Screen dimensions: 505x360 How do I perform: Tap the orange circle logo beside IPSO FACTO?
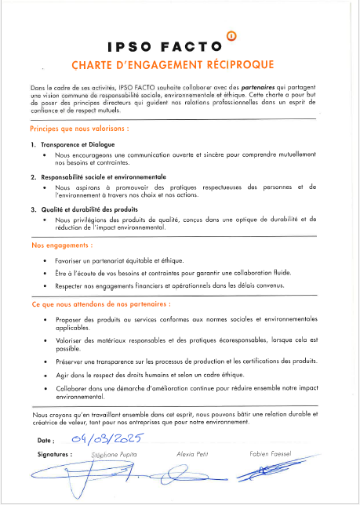click(230, 35)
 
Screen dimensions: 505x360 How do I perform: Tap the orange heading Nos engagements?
click(64, 245)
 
